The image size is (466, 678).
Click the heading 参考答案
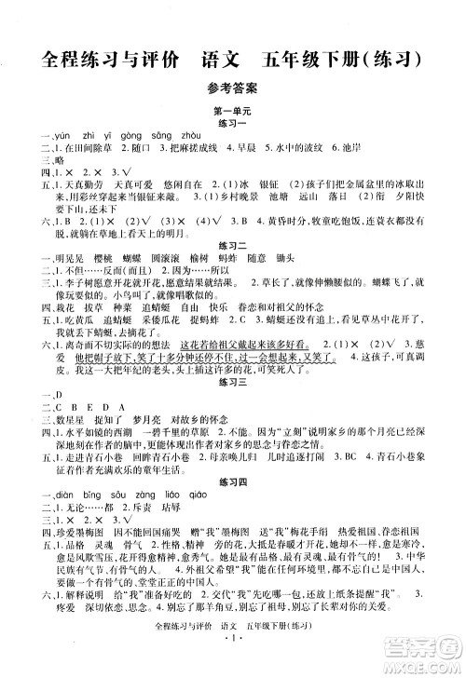coord(232,89)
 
